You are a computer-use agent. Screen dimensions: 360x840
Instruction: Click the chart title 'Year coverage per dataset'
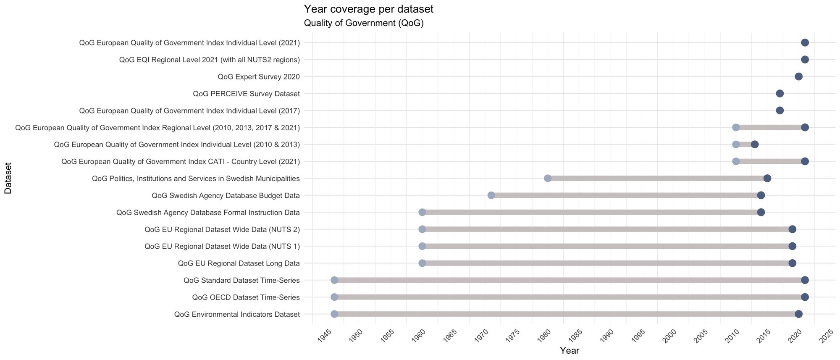point(368,9)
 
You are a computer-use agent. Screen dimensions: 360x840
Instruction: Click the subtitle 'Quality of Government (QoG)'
point(363,23)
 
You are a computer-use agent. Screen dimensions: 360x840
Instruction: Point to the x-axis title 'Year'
point(569,350)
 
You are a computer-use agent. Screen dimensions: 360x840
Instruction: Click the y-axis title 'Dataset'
point(8,178)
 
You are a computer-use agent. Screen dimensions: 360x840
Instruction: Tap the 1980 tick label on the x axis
point(545,335)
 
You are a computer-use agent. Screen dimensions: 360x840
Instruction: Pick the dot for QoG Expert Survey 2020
point(798,76)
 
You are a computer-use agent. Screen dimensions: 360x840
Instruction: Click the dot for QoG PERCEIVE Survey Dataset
point(780,93)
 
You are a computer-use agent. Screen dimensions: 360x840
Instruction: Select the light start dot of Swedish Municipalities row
point(548,179)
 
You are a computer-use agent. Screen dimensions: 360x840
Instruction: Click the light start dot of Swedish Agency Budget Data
point(491,195)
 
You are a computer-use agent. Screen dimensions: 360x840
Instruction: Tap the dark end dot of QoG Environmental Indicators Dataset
point(798,314)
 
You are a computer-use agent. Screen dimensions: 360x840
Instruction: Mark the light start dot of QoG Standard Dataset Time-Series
point(334,280)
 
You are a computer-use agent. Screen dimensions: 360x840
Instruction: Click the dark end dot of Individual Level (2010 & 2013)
point(755,145)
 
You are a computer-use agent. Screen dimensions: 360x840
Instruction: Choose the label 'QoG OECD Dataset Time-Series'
point(246,297)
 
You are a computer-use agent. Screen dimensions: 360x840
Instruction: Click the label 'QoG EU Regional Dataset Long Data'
point(239,263)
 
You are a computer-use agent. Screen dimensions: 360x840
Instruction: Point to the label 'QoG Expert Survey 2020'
point(258,76)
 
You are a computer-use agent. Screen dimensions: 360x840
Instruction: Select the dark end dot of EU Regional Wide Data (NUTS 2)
point(792,229)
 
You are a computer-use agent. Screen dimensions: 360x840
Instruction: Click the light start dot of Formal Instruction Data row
point(422,212)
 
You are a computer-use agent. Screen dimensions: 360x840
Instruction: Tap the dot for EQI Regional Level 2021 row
point(805,60)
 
